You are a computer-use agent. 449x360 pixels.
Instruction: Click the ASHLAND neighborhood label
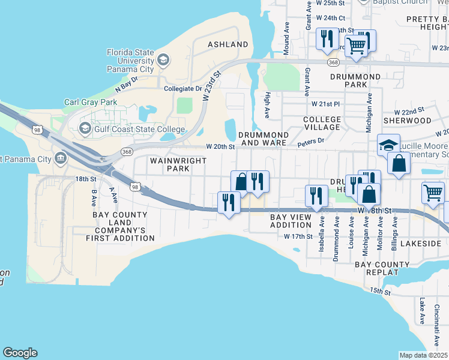point(228,44)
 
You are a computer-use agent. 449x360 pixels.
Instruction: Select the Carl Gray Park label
point(91,102)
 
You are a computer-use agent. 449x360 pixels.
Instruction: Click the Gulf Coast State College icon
point(85,128)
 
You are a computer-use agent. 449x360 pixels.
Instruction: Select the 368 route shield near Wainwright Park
point(127,152)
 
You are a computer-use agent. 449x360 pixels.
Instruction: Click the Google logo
point(20,353)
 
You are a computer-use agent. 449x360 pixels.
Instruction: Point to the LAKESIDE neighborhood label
point(420,244)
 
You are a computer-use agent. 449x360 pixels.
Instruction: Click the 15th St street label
point(381,292)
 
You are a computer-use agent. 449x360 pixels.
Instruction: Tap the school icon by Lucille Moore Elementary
point(388,146)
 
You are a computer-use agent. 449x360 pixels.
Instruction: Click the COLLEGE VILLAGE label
point(322,124)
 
